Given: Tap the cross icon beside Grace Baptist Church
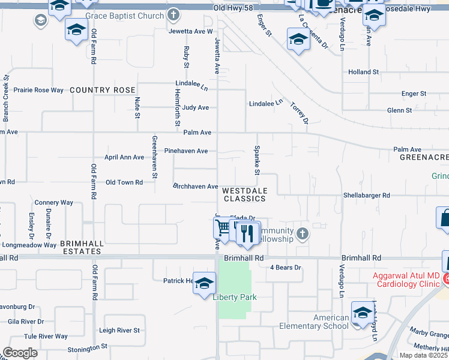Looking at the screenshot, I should (x=173, y=14).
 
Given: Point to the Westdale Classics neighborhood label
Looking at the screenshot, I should (x=244, y=194).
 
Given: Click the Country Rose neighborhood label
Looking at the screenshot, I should (x=102, y=90).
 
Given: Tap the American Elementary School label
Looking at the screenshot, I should (x=314, y=322).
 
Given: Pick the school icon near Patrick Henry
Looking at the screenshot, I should (x=204, y=283).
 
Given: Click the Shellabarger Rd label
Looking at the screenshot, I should (x=366, y=196).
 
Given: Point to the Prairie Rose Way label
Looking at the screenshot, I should (x=38, y=90).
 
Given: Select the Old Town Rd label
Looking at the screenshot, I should (x=124, y=182).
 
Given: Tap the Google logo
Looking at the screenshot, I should (x=20, y=353).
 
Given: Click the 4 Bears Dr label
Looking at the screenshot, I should (x=285, y=268).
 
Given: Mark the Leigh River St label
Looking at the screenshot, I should (x=119, y=331).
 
